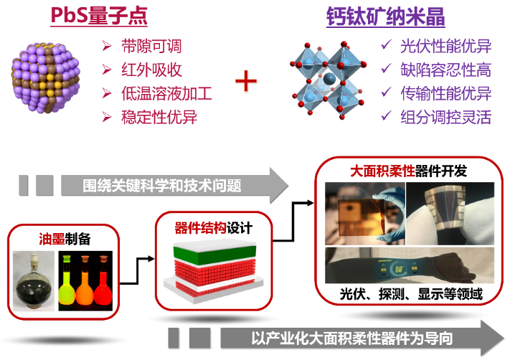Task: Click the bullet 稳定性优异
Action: coord(159,116)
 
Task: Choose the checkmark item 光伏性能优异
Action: coord(445,47)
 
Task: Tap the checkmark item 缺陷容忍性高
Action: coord(445,70)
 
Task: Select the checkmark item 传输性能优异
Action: coord(445,93)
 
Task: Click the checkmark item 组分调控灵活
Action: coord(445,116)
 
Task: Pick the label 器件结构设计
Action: coord(214,229)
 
